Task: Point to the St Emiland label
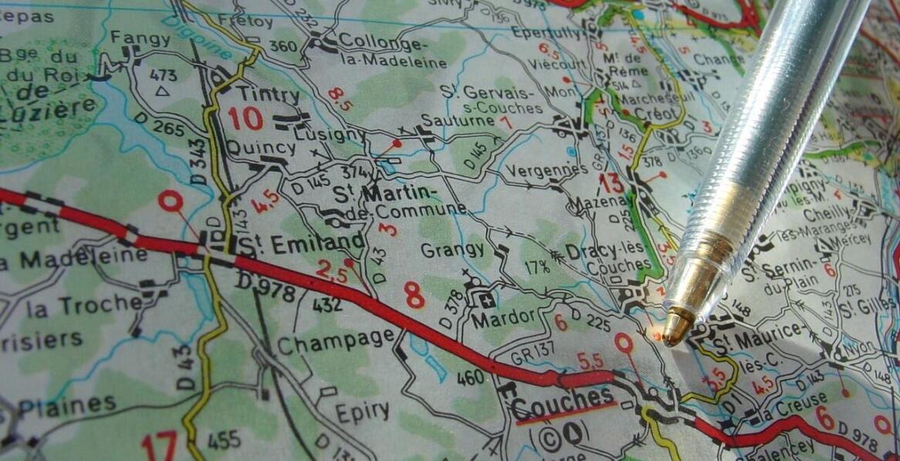click(302, 244)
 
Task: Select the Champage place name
click(335, 342)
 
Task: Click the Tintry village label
click(267, 95)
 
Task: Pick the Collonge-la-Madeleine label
click(381, 50)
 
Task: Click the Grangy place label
click(453, 250)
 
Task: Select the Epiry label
click(362, 412)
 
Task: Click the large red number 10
click(245, 119)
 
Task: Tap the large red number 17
click(158, 446)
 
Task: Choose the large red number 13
click(612, 183)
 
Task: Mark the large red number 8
click(414, 294)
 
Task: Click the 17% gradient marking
click(537, 267)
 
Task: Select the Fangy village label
click(140, 38)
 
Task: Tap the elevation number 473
click(163, 76)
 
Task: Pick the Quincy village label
click(249, 147)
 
